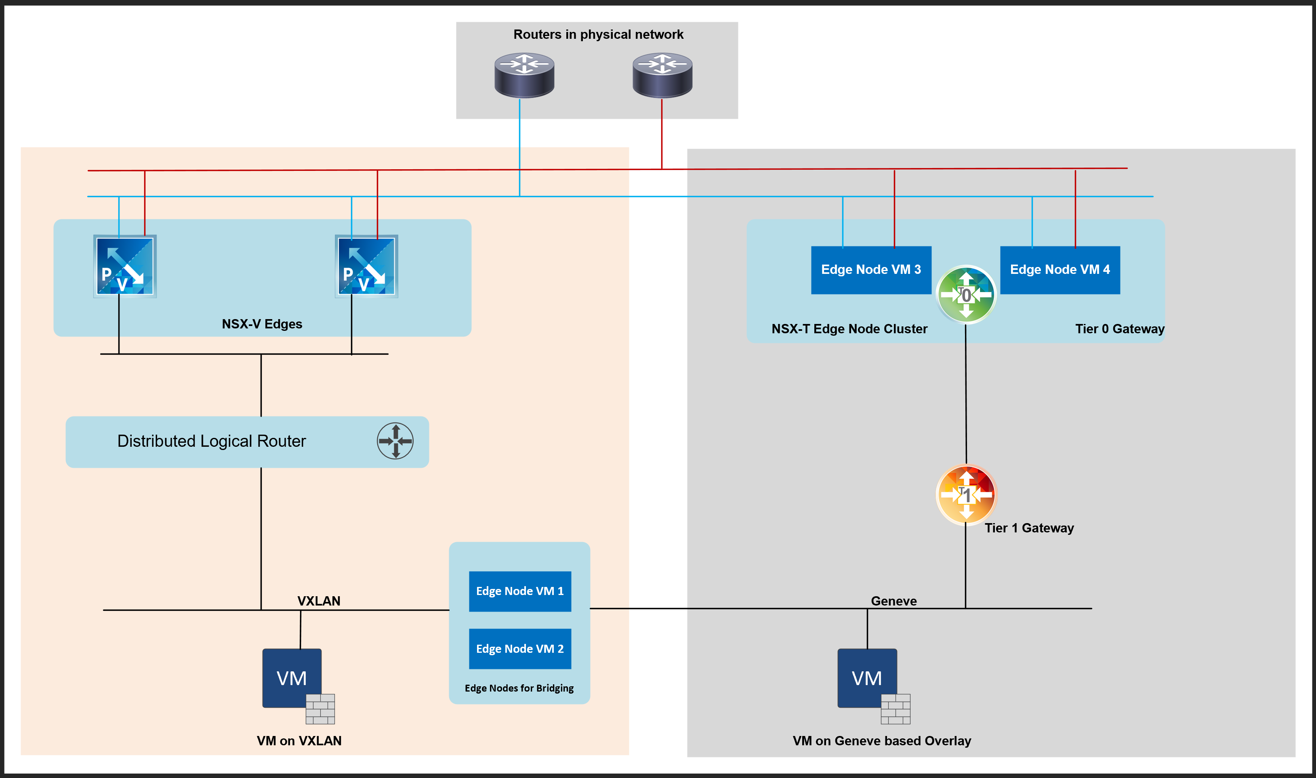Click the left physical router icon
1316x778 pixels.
pyautogui.click(x=524, y=75)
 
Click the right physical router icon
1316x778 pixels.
pyautogui.click(x=662, y=75)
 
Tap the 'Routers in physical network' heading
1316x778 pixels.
pyautogui.click(x=598, y=35)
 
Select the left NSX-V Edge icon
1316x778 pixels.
pyautogui.click(x=125, y=266)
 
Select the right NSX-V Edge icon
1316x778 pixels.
pyautogui.click(x=366, y=266)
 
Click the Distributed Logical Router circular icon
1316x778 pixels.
pyautogui.click(x=395, y=441)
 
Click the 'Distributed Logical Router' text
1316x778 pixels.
pyautogui.click(x=211, y=441)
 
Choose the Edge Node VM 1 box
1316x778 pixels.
pyautogui.click(x=519, y=591)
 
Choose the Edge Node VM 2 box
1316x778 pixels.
pyautogui.click(x=519, y=648)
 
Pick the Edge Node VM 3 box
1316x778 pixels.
pyautogui.click(x=870, y=270)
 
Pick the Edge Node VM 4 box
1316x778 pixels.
pyautogui.click(x=1060, y=270)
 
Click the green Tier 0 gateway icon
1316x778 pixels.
pyautogui.click(x=966, y=294)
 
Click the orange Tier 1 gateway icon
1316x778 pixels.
pyautogui.click(x=966, y=494)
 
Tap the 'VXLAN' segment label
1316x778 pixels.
pyautogui.click(x=319, y=601)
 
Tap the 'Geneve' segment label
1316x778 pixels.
pyautogui.click(x=893, y=601)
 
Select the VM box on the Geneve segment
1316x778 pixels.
pyautogui.click(x=867, y=678)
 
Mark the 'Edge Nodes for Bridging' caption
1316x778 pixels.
pyautogui.click(x=519, y=688)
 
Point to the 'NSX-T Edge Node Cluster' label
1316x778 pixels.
pyautogui.click(x=849, y=329)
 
